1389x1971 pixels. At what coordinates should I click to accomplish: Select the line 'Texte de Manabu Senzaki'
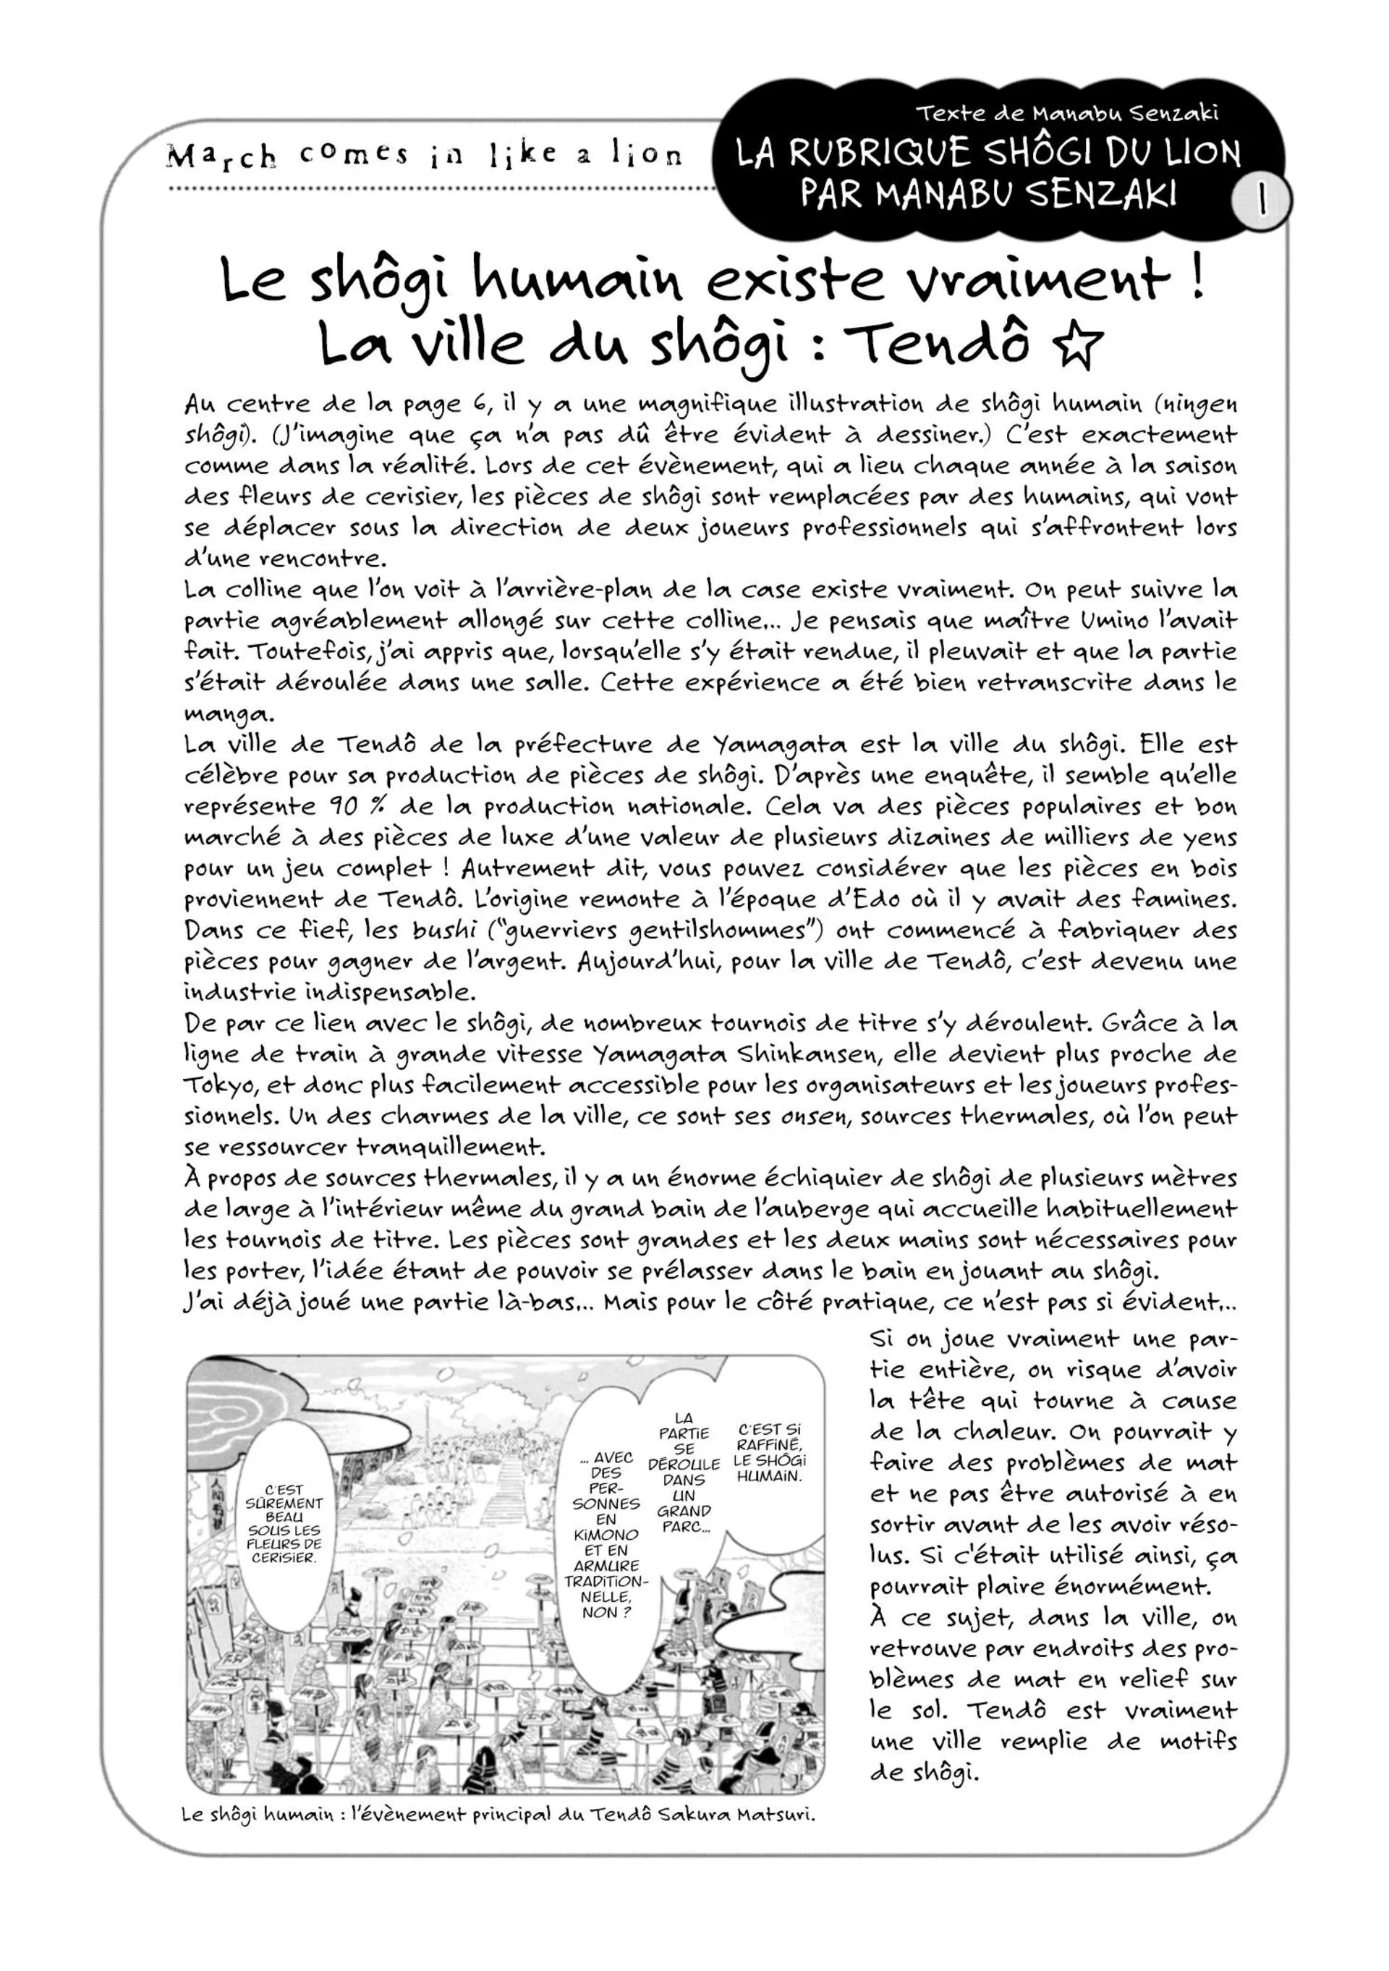click(1067, 112)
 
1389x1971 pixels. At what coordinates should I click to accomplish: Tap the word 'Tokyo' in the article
click(219, 1086)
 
